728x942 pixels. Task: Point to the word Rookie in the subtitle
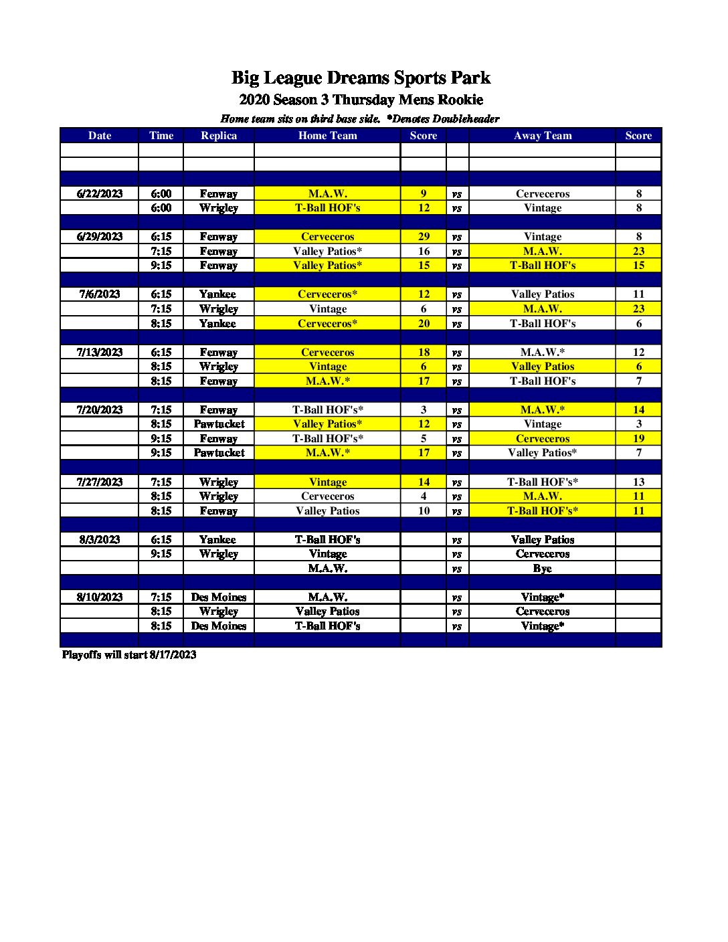pyautogui.click(x=459, y=100)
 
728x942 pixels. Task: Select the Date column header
pyautogui.click(x=100, y=135)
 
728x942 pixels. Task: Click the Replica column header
pyautogui.click(x=219, y=135)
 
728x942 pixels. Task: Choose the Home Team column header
pyautogui.click(x=327, y=135)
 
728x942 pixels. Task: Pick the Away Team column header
pyautogui.click(x=543, y=135)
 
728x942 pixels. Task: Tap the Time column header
pyautogui.click(x=161, y=135)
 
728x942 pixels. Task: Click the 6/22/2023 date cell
pyautogui.click(x=100, y=193)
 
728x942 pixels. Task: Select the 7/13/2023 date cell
pyautogui.click(x=100, y=352)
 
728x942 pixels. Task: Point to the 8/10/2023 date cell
pyautogui.click(x=100, y=597)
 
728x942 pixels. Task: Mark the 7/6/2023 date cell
pyautogui.click(x=100, y=294)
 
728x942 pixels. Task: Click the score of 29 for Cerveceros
pyautogui.click(x=424, y=236)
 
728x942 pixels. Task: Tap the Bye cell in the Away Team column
pyautogui.click(x=543, y=568)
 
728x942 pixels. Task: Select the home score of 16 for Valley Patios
pyautogui.click(x=424, y=251)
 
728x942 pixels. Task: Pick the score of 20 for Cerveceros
pyautogui.click(x=424, y=323)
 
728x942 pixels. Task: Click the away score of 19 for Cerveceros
pyautogui.click(x=638, y=438)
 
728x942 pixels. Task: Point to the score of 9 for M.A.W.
pyautogui.click(x=424, y=193)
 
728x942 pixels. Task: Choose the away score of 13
pyautogui.click(x=638, y=482)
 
